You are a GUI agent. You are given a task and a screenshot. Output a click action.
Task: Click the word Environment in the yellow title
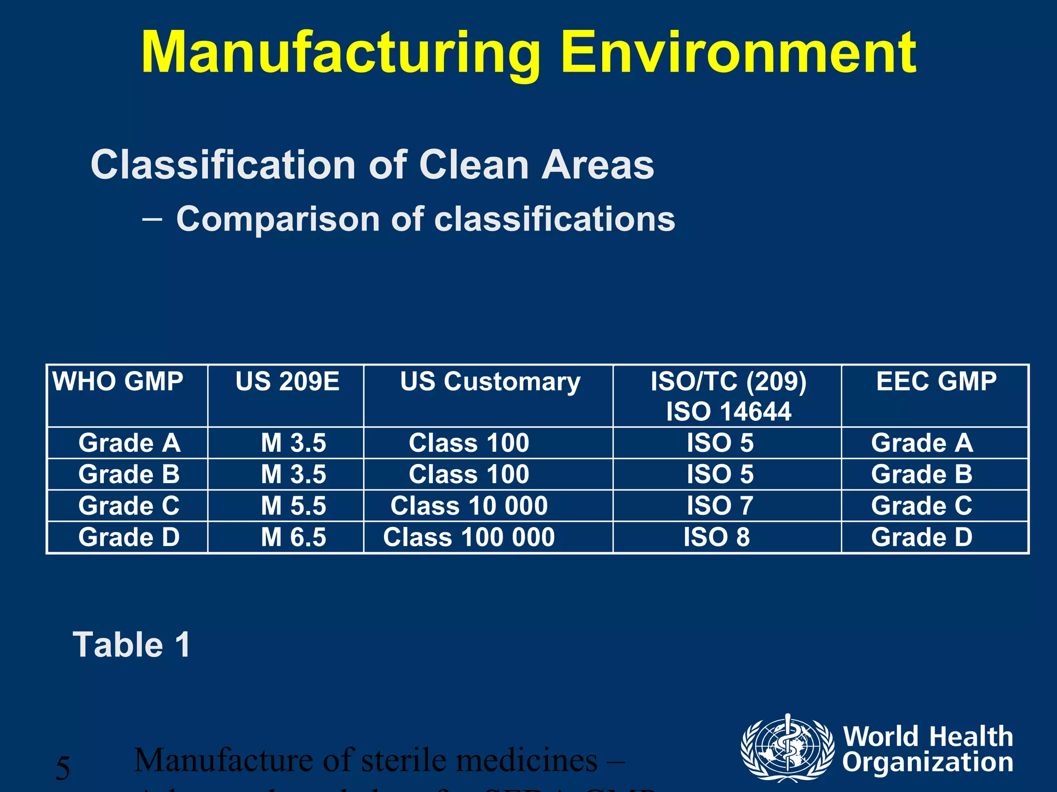pyautogui.click(x=738, y=53)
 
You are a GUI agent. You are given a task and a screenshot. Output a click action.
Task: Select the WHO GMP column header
pyautogui.click(x=118, y=382)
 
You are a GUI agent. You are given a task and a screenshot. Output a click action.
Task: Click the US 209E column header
pyautogui.click(x=287, y=382)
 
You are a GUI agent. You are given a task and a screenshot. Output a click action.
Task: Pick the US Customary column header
pyautogui.click(x=490, y=382)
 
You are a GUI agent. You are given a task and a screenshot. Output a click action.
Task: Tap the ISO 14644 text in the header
pyautogui.click(x=728, y=411)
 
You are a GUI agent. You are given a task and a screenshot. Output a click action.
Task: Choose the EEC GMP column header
pyautogui.click(x=936, y=382)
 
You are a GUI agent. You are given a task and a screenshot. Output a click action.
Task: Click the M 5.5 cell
pyautogui.click(x=293, y=506)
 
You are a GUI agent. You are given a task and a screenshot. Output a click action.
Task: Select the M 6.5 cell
pyautogui.click(x=293, y=537)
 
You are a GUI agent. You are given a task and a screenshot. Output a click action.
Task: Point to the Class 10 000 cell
pyautogui.click(x=469, y=506)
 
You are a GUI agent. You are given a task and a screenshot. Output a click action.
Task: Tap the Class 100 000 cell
pyautogui.click(x=469, y=537)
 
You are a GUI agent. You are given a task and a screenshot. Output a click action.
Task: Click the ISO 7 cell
pyautogui.click(x=719, y=506)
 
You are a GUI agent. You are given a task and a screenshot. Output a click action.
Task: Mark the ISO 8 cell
pyautogui.click(x=716, y=537)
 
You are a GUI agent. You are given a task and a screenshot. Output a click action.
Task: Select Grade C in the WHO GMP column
pyautogui.click(x=129, y=506)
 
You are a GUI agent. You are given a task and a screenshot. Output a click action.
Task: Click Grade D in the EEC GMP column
pyautogui.click(x=922, y=537)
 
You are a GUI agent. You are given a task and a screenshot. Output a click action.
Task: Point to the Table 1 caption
pyautogui.click(x=132, y=645)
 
